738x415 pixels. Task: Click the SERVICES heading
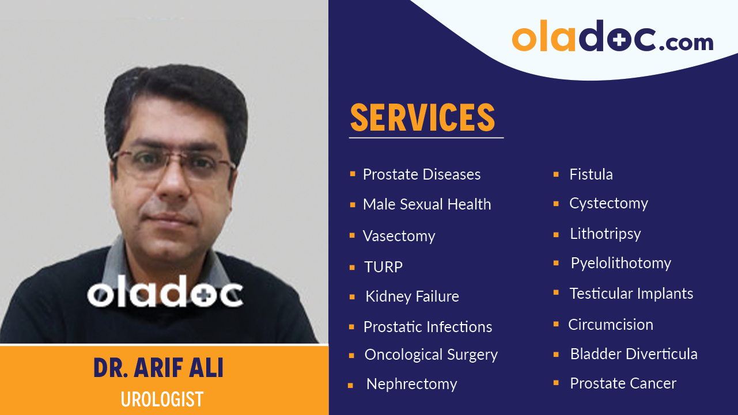pyautogui.click(x=422, y=117)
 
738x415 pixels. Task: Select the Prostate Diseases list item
pyautogui.click(x=421, y=174)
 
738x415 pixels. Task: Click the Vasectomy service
pyautogui.click(x=399, y=236)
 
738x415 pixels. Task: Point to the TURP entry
pyautogui.click(x=383, y=267)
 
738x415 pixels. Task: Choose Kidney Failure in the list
pyautogui.click(x=412, y=296)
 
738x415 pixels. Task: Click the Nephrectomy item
pyautogui.click(x=411, y=384)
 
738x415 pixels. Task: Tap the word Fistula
pyautogui.click(x=591, y=174)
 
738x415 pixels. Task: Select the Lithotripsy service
pyautogui.click(x=605, y=234)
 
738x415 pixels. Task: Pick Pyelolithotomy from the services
pyautogui.click(x=620, y=263)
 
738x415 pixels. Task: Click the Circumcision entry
pyautogui.click(x=610, y=325)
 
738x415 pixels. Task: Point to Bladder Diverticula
pyautogui.click(x=633, y=354)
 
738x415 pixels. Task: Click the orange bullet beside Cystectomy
pyautogui.click(x=556, y=204)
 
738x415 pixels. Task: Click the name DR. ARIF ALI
pyautogui.click(x=158, y=369)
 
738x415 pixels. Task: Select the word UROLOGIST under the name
pyautogui.click(x=162, y=399)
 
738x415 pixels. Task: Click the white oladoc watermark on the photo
pyautogui.click(x=165, y=292)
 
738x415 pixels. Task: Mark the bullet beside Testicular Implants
pyautogui.click(x=556, y=293)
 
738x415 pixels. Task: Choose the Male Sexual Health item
pyautogui.click(x=426, y=204)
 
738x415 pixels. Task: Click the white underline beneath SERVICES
pyautogui.click(x=426, y=138)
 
